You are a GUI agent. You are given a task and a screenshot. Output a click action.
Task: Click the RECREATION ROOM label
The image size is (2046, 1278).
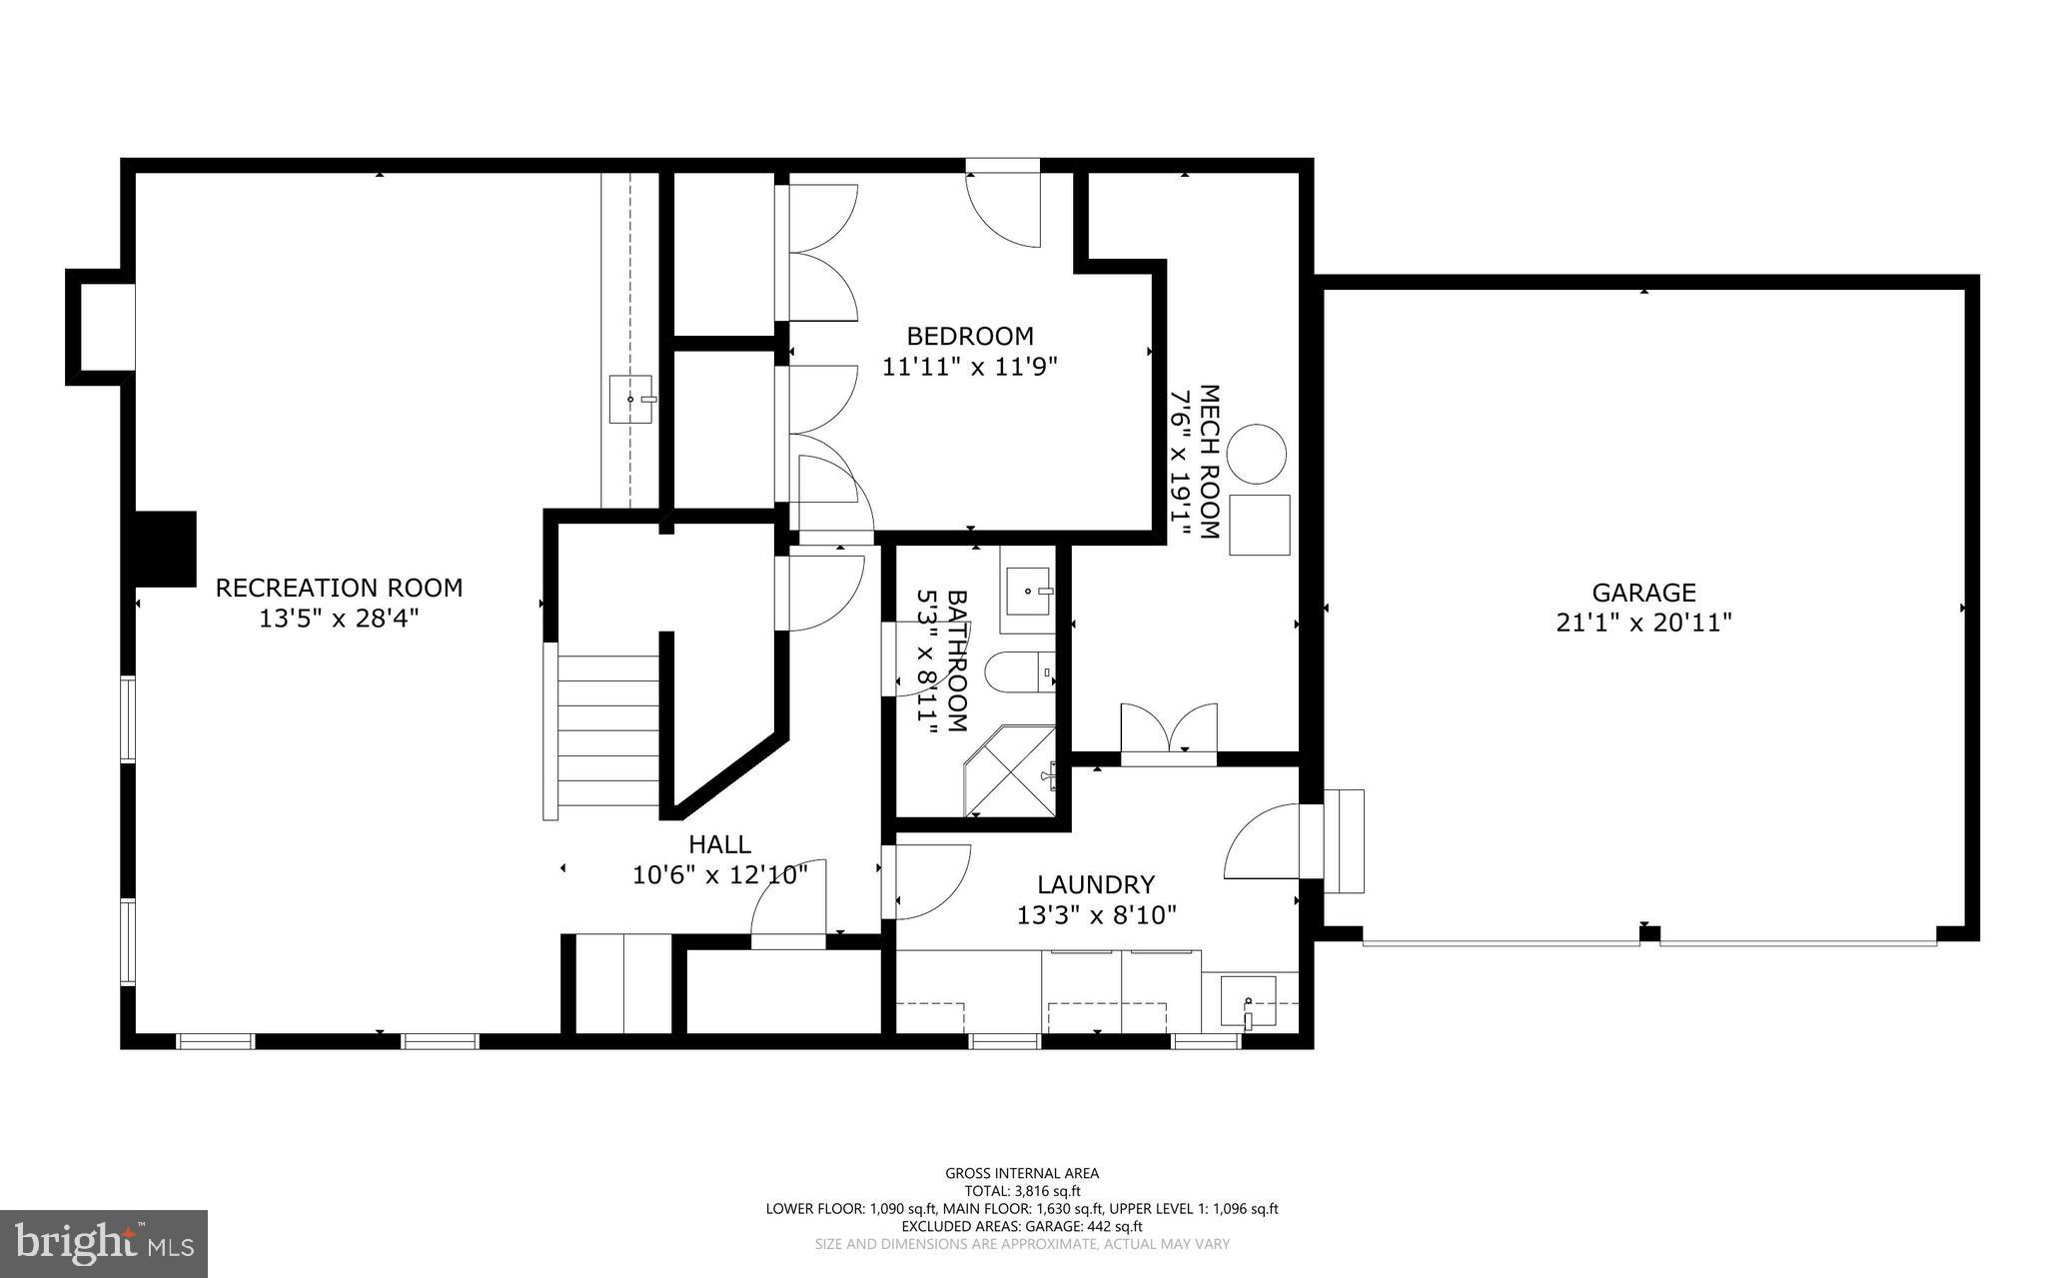pos(339,588)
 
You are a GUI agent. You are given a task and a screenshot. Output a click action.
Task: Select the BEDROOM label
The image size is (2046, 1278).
pos(969,336)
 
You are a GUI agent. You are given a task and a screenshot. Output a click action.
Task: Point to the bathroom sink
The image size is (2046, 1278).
pos(1028,591)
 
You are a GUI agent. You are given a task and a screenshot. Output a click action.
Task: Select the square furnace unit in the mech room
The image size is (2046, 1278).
pos(1259,525)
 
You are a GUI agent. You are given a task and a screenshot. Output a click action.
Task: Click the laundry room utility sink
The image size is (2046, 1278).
pos(1248,1001)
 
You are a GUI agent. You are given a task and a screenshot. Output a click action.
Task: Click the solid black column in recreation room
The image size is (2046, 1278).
pos(165,549)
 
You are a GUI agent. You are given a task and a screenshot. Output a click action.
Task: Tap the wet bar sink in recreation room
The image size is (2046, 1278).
pos(631,400)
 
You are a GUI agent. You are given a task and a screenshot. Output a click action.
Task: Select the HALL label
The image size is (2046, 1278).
pos(719,845)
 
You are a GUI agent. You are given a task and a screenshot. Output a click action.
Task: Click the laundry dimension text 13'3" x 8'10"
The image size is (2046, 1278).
pos(1096,915)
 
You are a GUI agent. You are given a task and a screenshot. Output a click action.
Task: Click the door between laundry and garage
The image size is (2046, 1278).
pos(1264,841)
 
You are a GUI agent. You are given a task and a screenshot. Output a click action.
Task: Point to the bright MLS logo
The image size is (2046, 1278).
pos(104,1243)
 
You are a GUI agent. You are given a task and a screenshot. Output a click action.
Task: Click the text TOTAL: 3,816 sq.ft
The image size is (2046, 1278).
pos(1022,1191)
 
